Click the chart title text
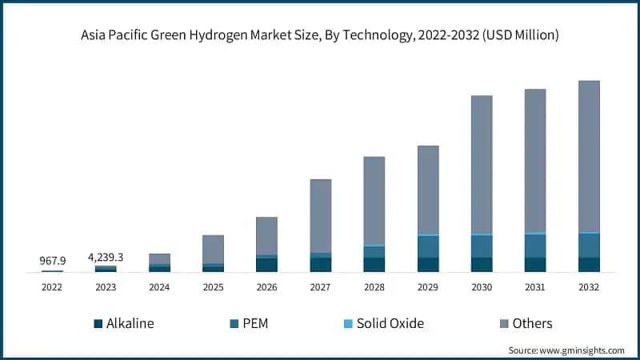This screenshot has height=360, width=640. [319, 35]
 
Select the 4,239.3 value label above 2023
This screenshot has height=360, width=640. [106, 257]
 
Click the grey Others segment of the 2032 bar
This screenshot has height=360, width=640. [589, 156]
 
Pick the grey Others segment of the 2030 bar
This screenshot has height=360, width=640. [482, 164]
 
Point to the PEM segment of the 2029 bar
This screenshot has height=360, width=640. [428, 246]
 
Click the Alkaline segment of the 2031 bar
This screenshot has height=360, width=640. [535, 265]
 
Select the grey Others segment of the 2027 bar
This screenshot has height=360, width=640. [321, 216]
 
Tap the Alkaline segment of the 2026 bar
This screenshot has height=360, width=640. [266, 265]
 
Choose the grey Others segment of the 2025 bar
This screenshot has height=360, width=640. [213, 249]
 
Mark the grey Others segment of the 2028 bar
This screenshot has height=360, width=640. [374, 200]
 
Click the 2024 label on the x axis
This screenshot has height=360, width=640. [159, 286]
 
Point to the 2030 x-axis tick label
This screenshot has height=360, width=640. [482, 286]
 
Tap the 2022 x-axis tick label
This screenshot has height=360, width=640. [52, 286]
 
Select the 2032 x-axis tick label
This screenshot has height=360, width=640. [589, 286]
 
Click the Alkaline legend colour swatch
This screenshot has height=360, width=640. [98, 324]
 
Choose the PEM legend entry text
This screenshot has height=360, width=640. [256, 324]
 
